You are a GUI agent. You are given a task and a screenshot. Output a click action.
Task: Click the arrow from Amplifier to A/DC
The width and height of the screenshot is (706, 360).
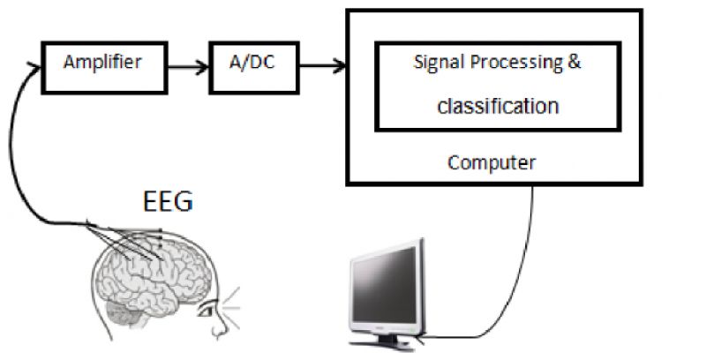[188, 64]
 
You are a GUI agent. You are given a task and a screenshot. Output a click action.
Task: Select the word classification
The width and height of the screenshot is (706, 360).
[498, 107]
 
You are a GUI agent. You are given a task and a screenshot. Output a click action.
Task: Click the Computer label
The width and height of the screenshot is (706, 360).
[492, 163]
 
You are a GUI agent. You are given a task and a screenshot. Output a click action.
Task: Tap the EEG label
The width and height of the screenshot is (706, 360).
[168, 202]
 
